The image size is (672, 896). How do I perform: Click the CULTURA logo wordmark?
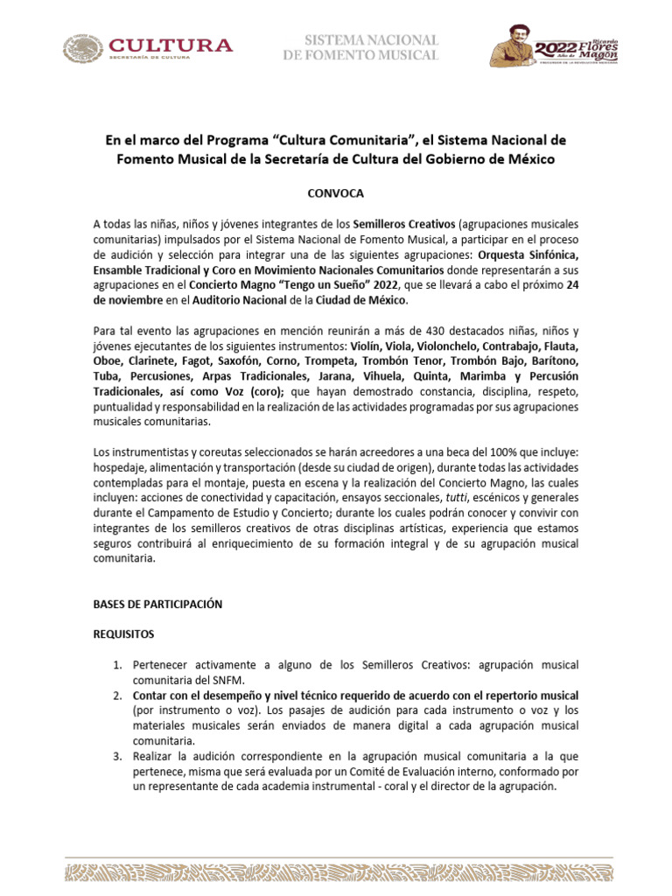pos(170,45)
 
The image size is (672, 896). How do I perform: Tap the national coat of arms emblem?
pos(81,48)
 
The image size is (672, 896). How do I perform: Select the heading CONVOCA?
pos(336,192)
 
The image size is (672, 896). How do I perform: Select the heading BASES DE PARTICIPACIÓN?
pos(158,604)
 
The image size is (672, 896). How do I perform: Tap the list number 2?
pos(116,696)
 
